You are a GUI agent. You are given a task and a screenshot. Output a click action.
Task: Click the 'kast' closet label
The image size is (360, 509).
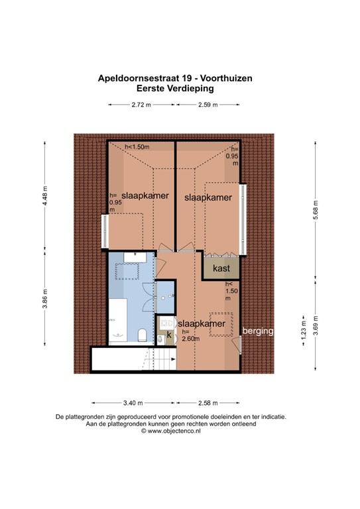pos(221,268)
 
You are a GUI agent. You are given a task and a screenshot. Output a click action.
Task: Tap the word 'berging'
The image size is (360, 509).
pos(259,331)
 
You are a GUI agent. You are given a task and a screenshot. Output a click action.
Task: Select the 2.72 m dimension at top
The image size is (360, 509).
pos(141,105)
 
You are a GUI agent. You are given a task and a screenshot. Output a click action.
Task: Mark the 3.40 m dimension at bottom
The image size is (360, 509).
pos(133,403)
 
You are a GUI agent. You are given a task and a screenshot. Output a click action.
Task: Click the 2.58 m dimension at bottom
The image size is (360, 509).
pos(208,403)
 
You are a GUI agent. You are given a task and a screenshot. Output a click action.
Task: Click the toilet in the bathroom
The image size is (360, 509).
pos(141,333)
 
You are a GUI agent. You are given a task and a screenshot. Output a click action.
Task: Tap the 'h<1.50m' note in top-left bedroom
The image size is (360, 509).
pos(137,147)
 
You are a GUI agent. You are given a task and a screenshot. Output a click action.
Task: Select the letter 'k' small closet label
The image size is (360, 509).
pos(168,336)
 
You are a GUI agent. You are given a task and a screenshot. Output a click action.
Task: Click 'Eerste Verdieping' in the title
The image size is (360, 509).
pos(173,87)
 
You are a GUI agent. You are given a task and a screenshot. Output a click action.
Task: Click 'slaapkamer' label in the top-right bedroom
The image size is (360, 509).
pos(208,198)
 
